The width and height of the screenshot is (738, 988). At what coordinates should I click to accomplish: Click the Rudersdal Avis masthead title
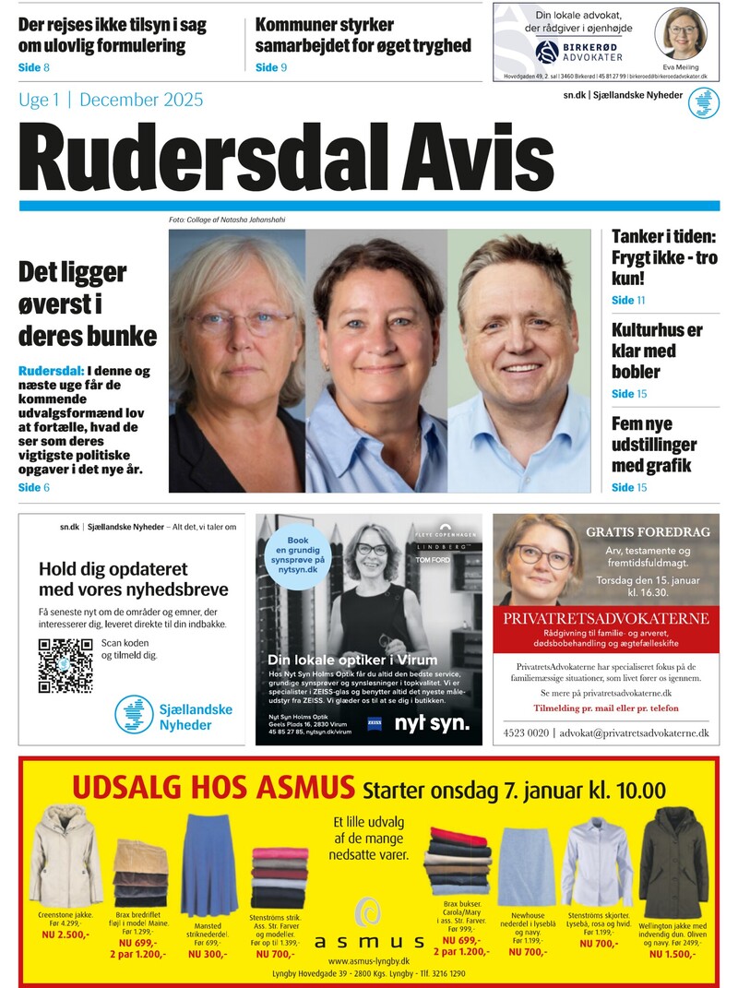[286, 156]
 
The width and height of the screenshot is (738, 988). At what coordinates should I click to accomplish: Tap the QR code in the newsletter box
[65, 665]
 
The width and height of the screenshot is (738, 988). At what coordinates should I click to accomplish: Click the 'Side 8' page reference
[34, 68]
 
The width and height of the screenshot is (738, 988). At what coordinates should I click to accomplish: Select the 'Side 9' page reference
[271, 66]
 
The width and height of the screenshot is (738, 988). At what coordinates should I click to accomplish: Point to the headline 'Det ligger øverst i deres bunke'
[87, 304]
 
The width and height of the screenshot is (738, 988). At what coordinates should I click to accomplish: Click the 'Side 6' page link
[34, 487]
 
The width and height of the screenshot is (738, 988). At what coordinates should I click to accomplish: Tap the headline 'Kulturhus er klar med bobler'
[656, 351]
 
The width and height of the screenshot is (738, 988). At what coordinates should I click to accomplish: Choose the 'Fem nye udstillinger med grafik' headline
[653, 444]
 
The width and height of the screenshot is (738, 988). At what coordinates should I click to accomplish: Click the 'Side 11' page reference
[628, 300]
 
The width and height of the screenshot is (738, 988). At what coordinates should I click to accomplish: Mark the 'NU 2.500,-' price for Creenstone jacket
[65, 934]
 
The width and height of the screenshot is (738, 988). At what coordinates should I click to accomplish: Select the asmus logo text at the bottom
[369, 942]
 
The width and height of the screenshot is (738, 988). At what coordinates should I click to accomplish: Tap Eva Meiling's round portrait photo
[681, 33]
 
